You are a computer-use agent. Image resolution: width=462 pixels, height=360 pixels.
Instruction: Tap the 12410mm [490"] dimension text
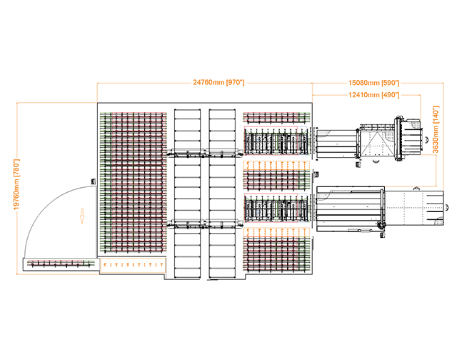point(373,94)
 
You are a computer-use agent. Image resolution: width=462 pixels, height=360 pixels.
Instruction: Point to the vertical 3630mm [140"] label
point(436,129)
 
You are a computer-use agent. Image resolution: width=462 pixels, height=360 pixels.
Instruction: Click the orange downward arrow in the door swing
point(81,214)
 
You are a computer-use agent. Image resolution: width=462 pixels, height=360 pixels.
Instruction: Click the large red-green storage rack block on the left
point(134,184)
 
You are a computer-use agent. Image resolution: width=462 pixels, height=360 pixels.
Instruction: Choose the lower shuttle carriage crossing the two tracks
point(204,224)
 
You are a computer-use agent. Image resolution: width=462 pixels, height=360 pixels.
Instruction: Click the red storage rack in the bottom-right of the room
point(276,254)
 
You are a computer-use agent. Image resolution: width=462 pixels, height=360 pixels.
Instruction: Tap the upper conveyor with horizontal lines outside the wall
point(336,146)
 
